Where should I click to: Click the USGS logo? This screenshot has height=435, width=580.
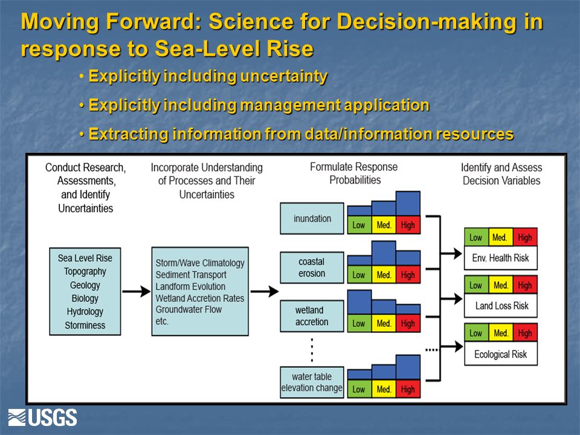click(42, 417)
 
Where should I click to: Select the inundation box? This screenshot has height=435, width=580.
click(312, 218)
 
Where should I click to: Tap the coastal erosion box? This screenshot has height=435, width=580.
click(312, 268)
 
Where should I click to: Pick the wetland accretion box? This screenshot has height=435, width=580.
click(312, 316)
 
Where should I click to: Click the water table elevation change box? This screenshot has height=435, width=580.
click(312, 382)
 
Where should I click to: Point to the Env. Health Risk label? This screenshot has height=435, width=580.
click(500, 258)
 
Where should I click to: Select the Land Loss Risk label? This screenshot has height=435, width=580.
click(501, 306)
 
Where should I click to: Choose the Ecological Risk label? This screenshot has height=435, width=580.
click(500, 355)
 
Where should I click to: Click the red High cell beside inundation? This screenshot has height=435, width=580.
click(408, 225)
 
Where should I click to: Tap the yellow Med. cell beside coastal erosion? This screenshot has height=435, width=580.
click(384, 275)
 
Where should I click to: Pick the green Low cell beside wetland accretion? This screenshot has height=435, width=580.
click(359, 323)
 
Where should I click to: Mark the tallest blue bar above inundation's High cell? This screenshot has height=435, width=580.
click(408, 204)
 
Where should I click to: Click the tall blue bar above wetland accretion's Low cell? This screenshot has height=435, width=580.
click(359, 302)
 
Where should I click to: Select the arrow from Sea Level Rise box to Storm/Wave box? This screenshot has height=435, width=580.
click(136, 291)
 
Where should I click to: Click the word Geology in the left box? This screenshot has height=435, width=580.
click(85, 285)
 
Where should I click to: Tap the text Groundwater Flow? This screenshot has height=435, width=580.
click(188, 309)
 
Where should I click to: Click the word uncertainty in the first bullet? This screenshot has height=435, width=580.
click(284, 76)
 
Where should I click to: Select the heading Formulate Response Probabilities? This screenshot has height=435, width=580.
click(354, 173)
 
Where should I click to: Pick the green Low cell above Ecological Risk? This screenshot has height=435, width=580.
click(477, 333)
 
